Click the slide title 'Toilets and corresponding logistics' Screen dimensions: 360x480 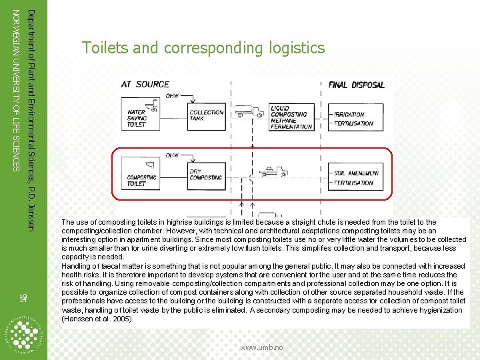203,48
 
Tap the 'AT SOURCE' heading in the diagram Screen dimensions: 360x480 145,85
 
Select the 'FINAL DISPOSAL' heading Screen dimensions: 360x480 357,85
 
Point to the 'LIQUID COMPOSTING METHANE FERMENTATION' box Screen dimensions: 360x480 291,117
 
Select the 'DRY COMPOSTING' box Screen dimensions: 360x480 207,174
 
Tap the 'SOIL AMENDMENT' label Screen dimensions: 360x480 357,173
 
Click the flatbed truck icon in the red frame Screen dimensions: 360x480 273,172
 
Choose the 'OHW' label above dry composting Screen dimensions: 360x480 172,155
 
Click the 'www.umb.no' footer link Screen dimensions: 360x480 261,347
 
